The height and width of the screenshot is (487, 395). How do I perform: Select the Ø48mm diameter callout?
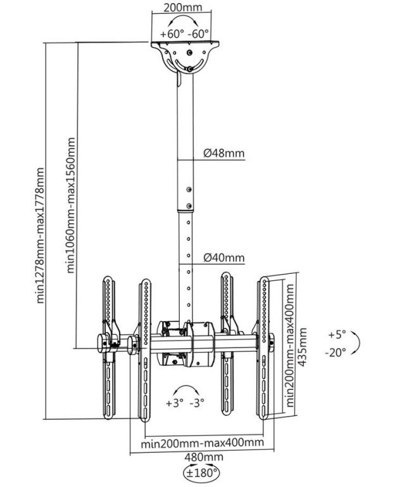point(224,153)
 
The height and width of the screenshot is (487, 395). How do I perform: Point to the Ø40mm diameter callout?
point(224,257)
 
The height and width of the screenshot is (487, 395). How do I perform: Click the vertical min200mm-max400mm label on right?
point(289,346)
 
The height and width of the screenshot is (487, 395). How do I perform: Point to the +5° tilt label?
point(337,334)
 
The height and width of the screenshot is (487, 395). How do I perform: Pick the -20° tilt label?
point(336,352)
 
